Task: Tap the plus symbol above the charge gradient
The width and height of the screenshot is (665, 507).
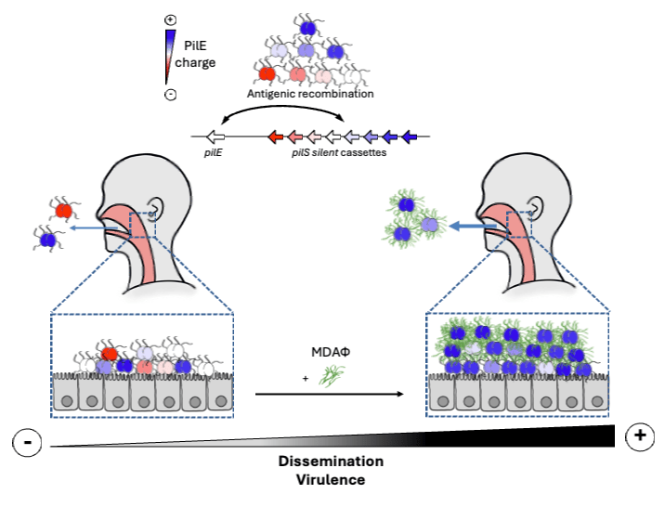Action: point(169,19)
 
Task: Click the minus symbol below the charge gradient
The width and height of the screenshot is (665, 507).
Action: point(169,94)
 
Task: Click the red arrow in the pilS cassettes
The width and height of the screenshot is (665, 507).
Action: point(276,137)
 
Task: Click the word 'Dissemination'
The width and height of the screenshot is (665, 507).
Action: point(331,461)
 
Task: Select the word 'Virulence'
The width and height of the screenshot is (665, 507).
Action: point(332,480)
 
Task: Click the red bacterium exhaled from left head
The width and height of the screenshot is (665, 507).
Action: point(63,211)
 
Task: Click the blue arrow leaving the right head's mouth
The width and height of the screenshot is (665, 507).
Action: point(470,225)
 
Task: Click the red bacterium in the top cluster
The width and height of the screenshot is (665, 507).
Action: point(267,72)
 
